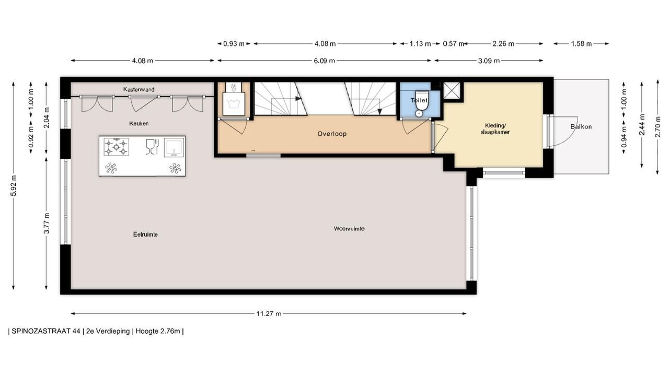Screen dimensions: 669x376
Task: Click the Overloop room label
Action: [332, 134]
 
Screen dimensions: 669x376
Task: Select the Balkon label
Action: [581, 126]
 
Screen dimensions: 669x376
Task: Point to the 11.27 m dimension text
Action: [269, 314]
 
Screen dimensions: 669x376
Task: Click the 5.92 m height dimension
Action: [14, 185]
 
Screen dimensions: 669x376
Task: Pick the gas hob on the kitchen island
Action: [116, 147]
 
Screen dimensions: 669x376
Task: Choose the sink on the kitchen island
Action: [174, 148]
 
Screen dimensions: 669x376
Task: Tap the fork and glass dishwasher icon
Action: [152, 147]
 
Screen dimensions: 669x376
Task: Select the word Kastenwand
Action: [139, 89]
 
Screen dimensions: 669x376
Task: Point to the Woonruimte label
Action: [349, 229]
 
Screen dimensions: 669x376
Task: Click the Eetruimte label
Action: [145, 234]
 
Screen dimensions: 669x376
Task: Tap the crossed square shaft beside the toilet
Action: [451, 90]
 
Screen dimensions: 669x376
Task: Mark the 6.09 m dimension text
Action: [324, 61]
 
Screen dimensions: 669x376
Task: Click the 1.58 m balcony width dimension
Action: [581, 43]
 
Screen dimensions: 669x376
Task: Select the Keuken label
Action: [139, 123]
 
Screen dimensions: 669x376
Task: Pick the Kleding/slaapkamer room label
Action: [495, 128]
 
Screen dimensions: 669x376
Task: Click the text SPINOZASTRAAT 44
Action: [46, 331]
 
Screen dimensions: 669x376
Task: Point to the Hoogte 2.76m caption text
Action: [158, 331]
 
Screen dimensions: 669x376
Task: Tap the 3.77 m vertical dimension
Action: [47, 224]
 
